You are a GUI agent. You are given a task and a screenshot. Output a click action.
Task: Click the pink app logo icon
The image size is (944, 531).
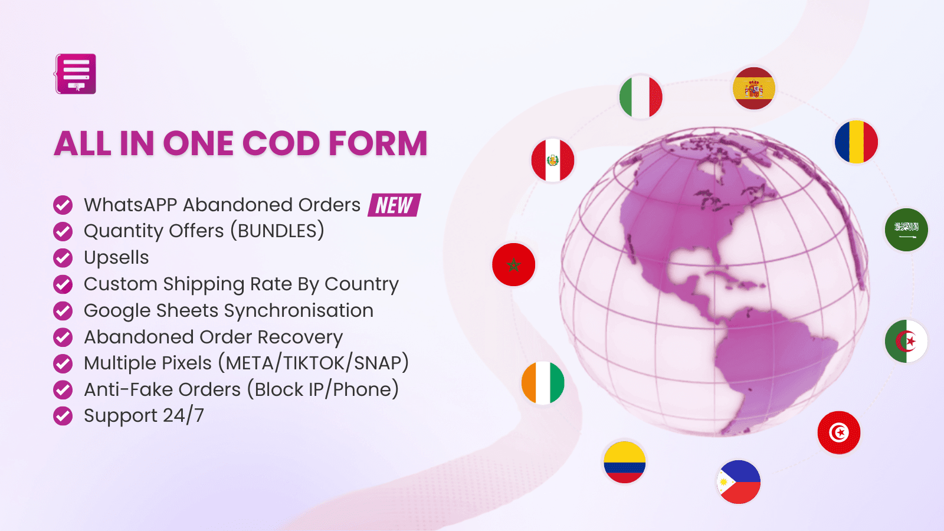pos(76,74)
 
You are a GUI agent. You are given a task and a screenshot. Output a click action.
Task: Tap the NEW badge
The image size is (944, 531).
pos(394,205)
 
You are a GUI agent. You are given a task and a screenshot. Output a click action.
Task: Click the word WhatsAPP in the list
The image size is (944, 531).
pos(130,205)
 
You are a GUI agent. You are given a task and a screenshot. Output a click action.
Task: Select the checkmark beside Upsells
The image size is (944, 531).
pos(63,258)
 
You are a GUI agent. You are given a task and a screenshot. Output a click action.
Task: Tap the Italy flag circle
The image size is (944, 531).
pos(641,96)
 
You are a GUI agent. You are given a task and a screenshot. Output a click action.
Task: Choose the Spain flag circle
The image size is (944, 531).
pos(753,88)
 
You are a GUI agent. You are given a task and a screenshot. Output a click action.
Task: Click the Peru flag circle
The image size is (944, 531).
pos(552,160)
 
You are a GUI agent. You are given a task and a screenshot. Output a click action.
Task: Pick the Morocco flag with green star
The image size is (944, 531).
pos(514,264)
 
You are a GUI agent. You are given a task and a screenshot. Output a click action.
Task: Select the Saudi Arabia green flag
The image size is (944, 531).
pos(906,230)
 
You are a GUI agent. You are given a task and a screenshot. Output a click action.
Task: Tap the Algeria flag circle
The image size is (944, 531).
pos(906,341)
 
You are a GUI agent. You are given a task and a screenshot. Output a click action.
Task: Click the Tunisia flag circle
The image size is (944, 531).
pos(838,432)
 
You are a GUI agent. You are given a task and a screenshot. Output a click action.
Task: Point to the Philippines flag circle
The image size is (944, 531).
pos(739,482)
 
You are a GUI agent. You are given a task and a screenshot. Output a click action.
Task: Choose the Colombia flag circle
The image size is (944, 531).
pos(624,462)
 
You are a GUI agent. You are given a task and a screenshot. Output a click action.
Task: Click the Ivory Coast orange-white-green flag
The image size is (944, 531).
pos(543,383)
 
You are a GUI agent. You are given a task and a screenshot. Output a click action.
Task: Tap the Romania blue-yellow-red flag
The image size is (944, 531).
pos(856,142)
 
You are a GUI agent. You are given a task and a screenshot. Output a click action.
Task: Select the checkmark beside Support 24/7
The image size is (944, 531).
pos(63,416)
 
